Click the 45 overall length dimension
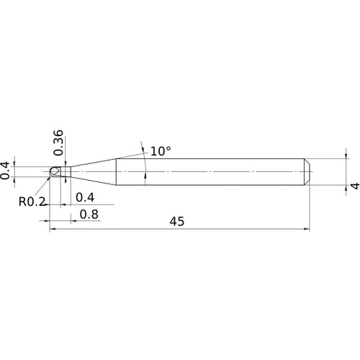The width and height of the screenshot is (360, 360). click(x=177, y=222)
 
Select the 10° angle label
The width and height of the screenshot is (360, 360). click(x=161, y=152)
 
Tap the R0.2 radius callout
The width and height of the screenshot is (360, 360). click(x=32, y=202)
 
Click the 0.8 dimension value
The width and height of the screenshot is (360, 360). click(x=89, y=214)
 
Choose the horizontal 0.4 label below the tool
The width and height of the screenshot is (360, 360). click(x=85, y=197)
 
